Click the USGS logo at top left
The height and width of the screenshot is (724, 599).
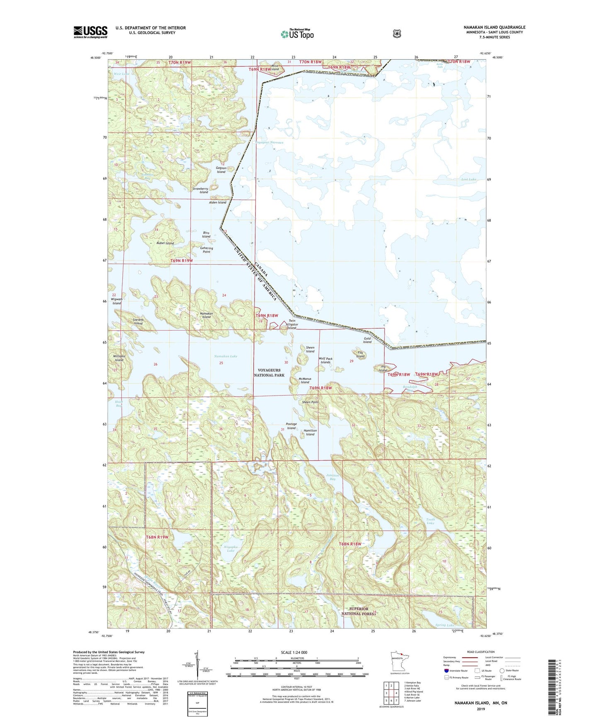click(90, 32)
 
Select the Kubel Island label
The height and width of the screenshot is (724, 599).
click(165, 243)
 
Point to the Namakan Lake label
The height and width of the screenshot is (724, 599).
click(226, 356)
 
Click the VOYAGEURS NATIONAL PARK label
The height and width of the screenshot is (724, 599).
click(269, 372)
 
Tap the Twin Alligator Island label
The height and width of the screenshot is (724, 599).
click(292, 324)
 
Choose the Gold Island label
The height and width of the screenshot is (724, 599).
click(367, 340)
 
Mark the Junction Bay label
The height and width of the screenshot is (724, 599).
click(332, 477)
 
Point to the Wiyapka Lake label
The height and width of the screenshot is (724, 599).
click(230, 549)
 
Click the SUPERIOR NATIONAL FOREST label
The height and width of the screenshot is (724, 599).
click(358, 611)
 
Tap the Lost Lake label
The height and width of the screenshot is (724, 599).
click(468, 180)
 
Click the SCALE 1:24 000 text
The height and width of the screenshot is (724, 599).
click(294, 652)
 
